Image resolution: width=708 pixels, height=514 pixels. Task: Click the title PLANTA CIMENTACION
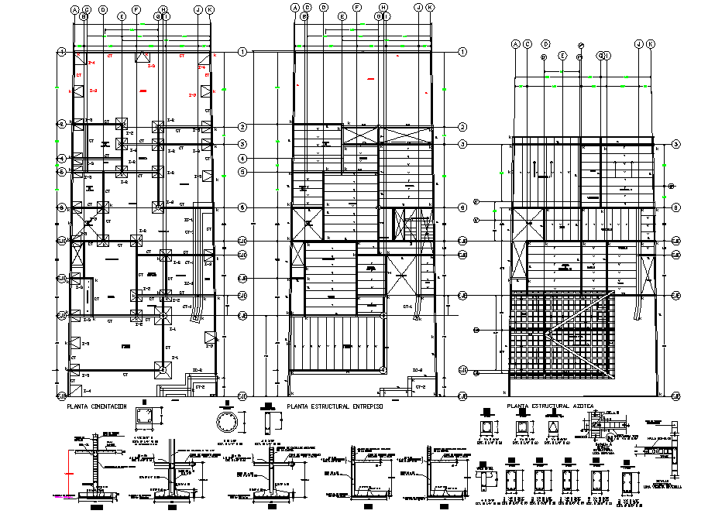(x=96, y=406)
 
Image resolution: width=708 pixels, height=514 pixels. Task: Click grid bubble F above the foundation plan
(x=136, y=9)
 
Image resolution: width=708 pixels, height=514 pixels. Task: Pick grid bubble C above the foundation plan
(x=88, y=9)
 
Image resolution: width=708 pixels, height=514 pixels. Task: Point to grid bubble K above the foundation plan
(x=210, y=9)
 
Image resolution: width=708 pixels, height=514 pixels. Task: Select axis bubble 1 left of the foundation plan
(x=60, y=52)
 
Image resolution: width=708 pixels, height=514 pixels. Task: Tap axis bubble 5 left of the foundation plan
(x=60, y=172)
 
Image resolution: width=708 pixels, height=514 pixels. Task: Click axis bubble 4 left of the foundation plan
(x=60, y=158)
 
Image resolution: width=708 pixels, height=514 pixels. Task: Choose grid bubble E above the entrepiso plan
(x=342, y=15)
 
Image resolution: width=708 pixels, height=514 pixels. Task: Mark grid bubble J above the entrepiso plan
(x=418, y=9)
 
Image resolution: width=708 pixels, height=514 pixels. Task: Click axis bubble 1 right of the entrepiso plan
(x=462, y=52)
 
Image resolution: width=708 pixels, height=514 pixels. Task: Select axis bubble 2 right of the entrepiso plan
(x=462, y=127)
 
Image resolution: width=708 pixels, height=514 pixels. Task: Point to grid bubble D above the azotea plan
(x=545, y=44)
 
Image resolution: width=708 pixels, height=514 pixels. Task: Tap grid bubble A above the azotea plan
(x=514, y=44)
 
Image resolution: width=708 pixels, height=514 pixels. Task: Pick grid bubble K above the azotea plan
(x=650, y=44)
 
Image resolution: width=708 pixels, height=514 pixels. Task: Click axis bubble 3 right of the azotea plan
(x=676, y=144)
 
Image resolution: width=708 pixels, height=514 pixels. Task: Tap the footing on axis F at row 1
(x=142, y=58)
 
